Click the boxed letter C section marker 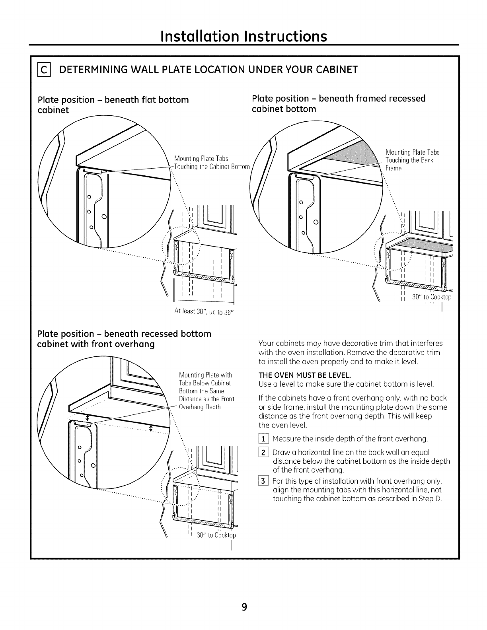coord(44,70)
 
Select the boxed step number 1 coord(263,439)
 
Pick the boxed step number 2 coord(263,453)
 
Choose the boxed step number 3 coord(263,481)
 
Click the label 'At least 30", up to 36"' coord(204,312)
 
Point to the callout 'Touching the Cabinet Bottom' coord(212,167)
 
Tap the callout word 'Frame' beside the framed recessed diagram coord(393,169)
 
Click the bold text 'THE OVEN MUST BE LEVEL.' coord(305,375)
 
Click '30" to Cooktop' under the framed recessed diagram coord(432,297)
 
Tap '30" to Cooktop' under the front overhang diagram coord(216,535)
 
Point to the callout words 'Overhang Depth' coord(200,407)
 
